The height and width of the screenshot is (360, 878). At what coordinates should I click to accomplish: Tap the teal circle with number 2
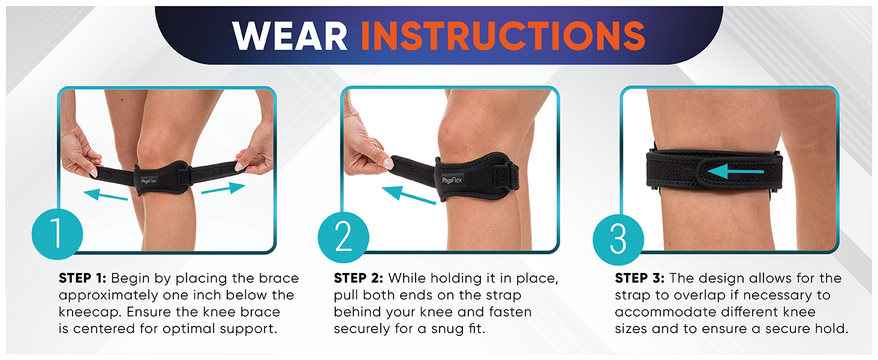click(343, 238)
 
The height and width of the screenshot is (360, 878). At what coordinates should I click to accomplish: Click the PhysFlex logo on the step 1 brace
click(149, 180)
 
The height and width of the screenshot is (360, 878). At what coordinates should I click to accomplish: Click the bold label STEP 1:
click(83, 279)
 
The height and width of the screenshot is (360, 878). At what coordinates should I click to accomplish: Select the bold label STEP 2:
click(359, 279)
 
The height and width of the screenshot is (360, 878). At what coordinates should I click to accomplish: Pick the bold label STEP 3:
click(639, 279)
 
